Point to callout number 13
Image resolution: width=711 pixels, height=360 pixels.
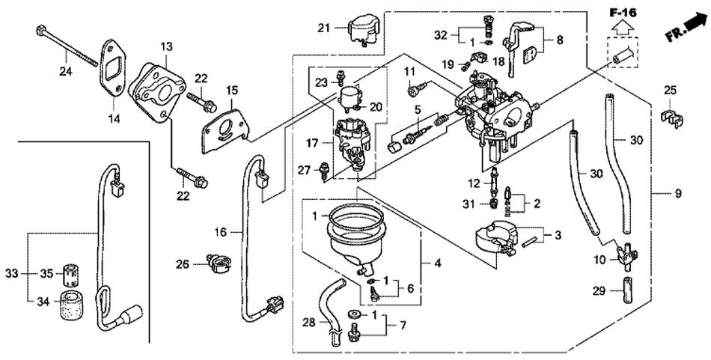[165, 46]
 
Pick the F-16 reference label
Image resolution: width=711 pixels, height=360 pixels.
[621, 13]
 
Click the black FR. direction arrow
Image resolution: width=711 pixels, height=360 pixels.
[688, 31]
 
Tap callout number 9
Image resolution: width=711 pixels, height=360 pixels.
[677, 194]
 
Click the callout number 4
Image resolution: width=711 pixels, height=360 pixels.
[437, 263]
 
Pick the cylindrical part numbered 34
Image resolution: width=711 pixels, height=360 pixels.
[72, 305]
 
